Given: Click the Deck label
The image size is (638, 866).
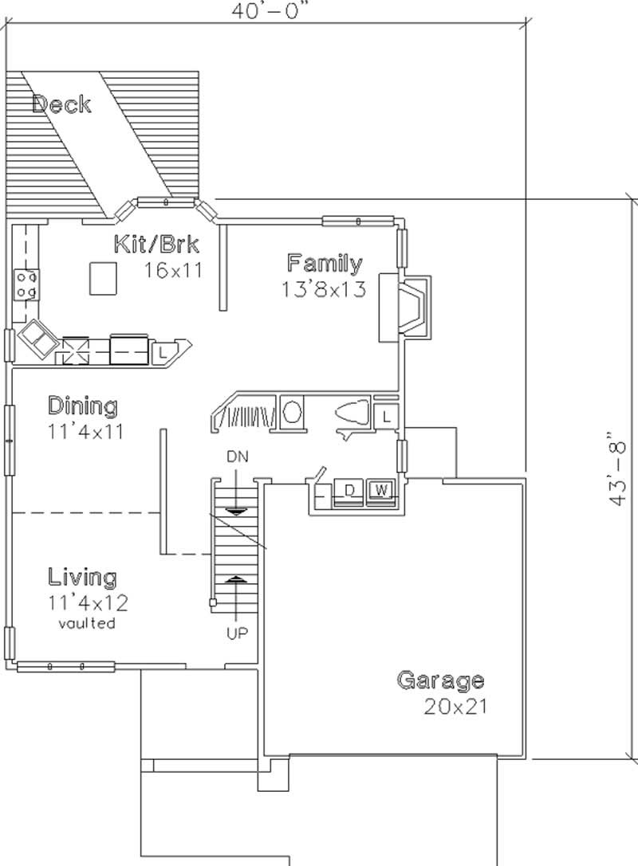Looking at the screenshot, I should (x=62, y=104).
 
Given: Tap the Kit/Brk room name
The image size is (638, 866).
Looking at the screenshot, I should (x=156, y=243).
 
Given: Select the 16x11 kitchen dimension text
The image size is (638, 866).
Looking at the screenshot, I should (x=172, y=269).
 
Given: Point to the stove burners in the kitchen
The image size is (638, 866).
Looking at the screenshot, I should (x=25, y=285).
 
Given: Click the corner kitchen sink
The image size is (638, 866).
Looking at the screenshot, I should (x=37, y=339).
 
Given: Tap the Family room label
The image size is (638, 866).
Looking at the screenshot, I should (x=325, y=263).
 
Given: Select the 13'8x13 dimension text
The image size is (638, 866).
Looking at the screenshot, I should (x=323, y=289).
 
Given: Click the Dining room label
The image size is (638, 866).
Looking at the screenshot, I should (x=82, y=406).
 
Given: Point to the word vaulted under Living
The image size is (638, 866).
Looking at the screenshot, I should (x=87, y=623).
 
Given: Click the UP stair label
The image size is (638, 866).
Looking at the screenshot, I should (x=238, y=634).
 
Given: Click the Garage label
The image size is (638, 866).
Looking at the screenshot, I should (x=440, y=680).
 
